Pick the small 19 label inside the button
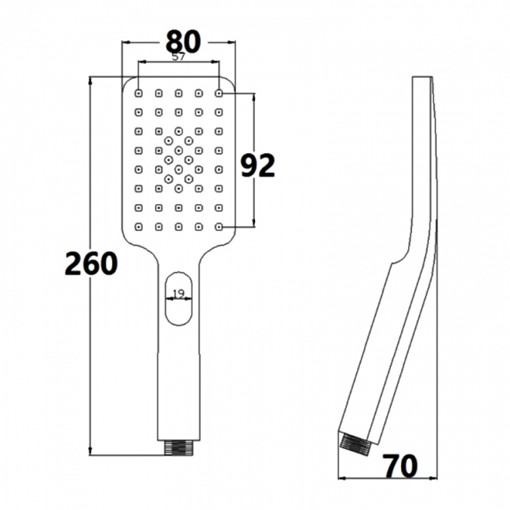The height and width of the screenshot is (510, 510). click(x=178, y=293)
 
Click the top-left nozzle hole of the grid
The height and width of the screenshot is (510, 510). click(x=139, y=93)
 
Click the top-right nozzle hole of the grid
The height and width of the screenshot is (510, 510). click(x=219, y=93)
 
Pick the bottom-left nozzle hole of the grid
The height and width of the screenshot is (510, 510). click(x=139, y=228)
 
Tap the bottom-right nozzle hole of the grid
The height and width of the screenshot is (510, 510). click(x=219, y=228)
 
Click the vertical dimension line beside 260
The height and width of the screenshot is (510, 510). click(x=93, y=353)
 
